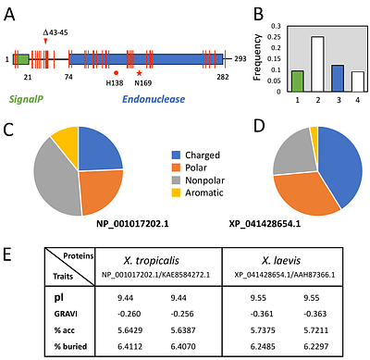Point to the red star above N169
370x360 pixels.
coord(139,72)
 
